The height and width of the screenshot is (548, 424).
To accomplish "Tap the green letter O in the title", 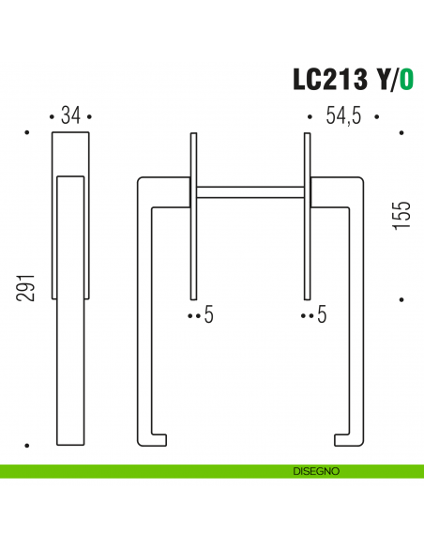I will click(407, 80).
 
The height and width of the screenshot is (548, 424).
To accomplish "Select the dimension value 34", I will click(70, 116).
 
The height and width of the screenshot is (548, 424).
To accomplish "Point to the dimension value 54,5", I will click(342, 116).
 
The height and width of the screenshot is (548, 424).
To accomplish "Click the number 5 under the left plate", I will click(209, 316).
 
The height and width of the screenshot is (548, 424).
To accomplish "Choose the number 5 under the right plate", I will click(322, 316).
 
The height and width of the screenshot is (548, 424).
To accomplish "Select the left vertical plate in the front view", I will click(193, 216).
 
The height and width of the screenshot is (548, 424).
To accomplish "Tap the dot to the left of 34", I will click(51, 117).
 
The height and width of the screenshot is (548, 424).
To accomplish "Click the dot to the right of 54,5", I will click(375, 117).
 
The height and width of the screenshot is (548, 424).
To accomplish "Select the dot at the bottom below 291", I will click(27, 444).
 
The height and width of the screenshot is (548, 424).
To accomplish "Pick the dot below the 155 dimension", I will click(401, 300).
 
